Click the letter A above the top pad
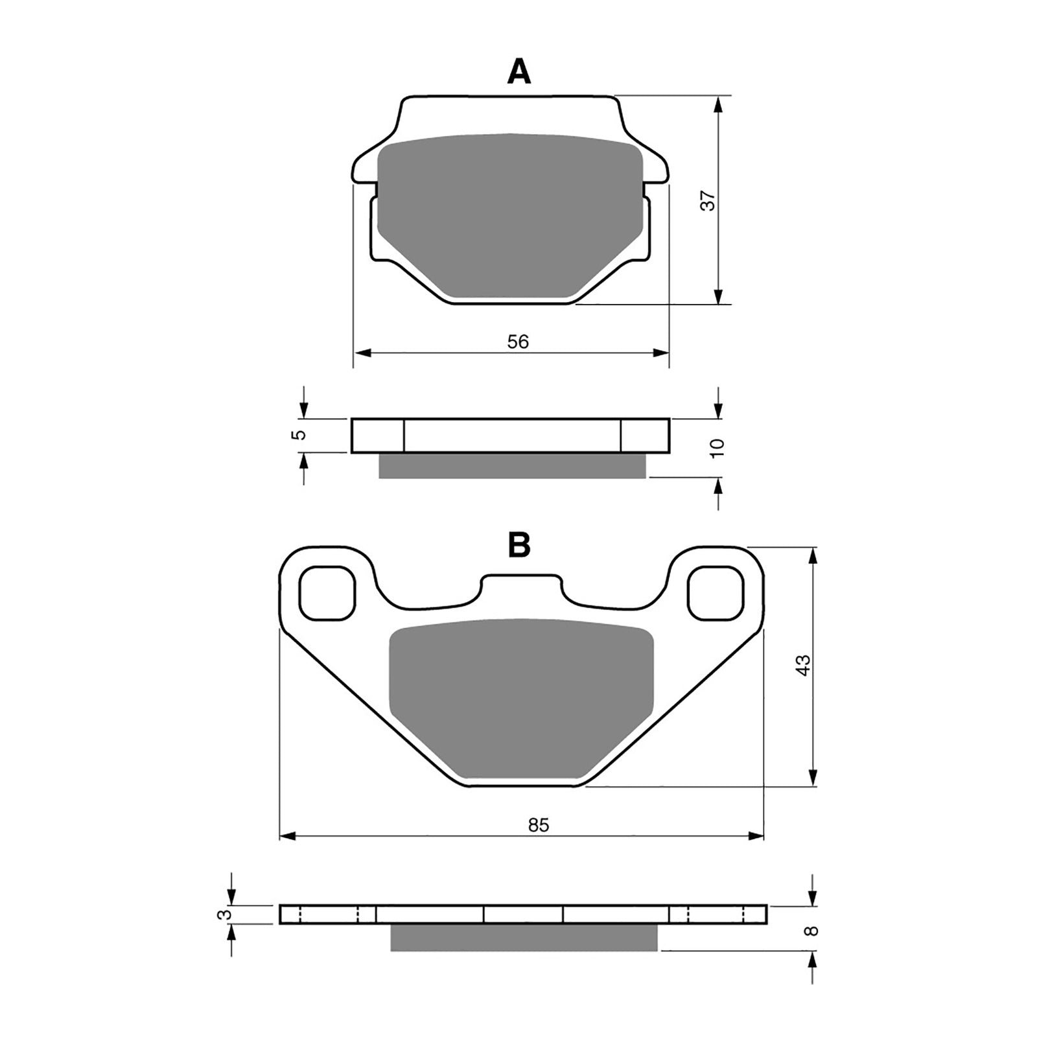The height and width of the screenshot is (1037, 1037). pyautogui.click(x=518, y=72)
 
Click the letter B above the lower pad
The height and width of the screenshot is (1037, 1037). pyautogui.click(x=519, y=546)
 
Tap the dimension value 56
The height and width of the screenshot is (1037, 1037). pyautogui.click(x=518, y=342)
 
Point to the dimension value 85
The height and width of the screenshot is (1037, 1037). pyautogui.click(x=538, y=825)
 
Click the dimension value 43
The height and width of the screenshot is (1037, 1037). pyautogui.click(x=803, y=666)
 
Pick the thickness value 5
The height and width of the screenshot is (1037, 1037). pyautogui.click(x=298, y=435)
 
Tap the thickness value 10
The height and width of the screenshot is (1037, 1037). pyautogui.click(x=717, y=448)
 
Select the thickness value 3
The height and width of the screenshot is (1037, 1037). pyautogui.click(x=224, y=915)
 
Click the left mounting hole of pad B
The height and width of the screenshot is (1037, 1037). pyautogui.click(x=329, y=592)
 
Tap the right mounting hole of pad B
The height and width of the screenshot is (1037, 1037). pyautogui.click(x=715, y=592)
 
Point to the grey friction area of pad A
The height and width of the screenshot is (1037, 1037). pyautogui.click(x=509, y=214)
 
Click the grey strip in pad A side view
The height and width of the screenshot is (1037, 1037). pyautogui.click(x=512, y=466)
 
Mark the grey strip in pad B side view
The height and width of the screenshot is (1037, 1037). pyautogui.click(x=524, y=938)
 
